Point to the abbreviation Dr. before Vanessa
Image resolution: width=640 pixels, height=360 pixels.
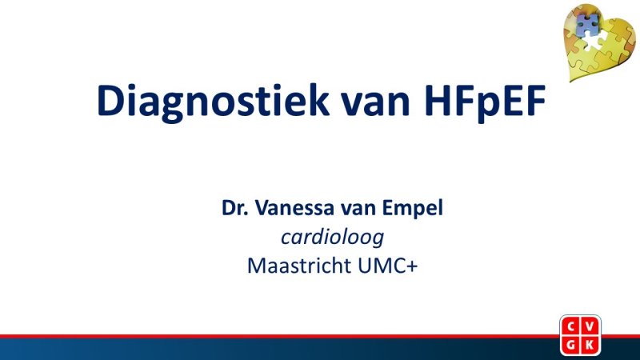pos(237,210)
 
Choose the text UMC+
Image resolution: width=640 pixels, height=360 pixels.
pos(388,265)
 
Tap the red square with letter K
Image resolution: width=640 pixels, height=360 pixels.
pos(593,344)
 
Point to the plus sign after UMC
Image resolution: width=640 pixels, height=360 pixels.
pos(414,266)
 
